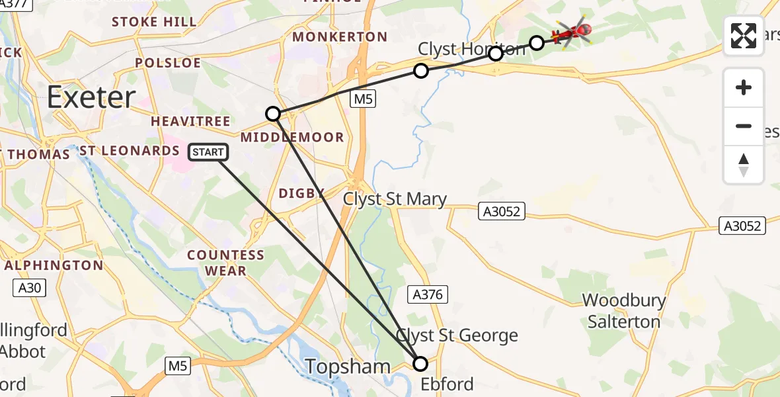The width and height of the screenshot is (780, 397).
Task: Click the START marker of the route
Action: (209, 152)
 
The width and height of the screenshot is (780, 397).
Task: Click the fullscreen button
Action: (744, 36)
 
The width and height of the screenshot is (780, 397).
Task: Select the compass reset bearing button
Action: (744, 165)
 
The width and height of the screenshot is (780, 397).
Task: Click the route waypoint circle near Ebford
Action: (420, 363)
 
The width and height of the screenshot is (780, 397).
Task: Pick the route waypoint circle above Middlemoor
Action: (273, 114)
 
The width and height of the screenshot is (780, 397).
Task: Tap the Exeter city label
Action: (91, 98)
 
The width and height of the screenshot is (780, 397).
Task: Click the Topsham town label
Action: (348, 366)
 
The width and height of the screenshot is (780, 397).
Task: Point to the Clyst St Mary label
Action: (395, 198)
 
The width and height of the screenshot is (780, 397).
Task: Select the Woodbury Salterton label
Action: (624, 311)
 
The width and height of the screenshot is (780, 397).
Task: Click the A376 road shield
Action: (428, 294)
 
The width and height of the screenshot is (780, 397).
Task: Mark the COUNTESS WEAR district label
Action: (225, 263)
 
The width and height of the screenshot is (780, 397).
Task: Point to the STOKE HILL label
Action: (154, 22)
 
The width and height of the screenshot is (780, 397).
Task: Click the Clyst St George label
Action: (457, 335)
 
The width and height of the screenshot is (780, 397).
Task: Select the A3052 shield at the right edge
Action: (742, 226)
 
